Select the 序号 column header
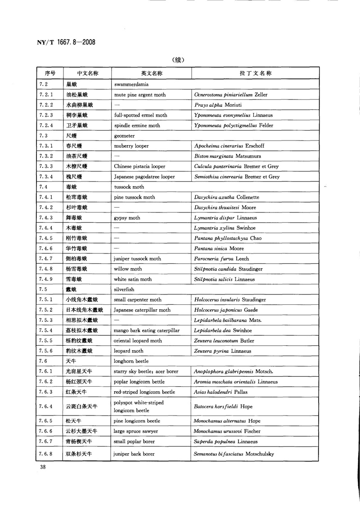49,72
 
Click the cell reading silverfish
124,289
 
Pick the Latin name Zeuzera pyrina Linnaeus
223,351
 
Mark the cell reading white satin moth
133,279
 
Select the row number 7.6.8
46,454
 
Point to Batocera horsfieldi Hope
223,407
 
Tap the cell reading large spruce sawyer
137,431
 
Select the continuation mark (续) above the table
180,59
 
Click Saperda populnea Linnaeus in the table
226,441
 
